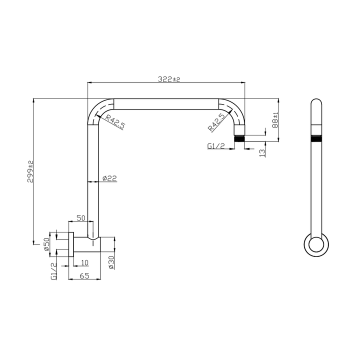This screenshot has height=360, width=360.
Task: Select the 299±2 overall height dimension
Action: (30, 170)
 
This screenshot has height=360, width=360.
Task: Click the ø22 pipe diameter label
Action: (109, 178)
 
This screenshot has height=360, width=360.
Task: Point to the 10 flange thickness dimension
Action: (84, 262)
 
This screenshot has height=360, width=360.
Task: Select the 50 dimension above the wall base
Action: (80, 218)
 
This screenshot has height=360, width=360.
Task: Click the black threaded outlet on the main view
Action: (239, 138)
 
